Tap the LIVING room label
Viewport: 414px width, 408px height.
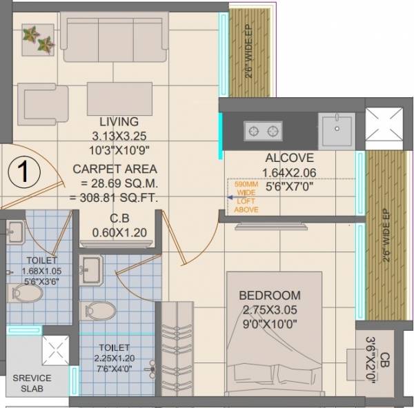click(x=118, y=121)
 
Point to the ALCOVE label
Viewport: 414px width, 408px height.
click(x=289, y=158)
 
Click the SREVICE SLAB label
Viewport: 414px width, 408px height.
click(x=32, y=382)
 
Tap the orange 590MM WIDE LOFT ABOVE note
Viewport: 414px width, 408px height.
click(x=246, y=197)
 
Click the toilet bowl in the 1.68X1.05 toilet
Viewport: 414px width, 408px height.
click(x=26, y=292)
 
